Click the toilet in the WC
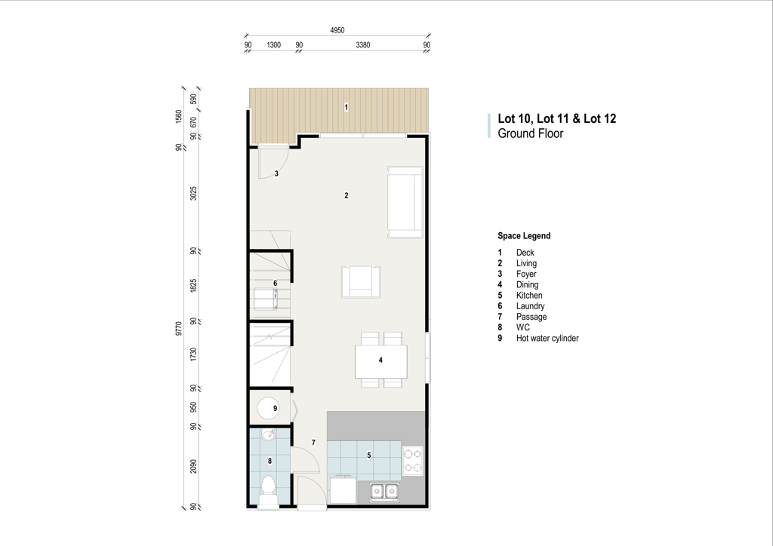268,491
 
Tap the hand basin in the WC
269,435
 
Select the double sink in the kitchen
384,492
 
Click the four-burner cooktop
413,460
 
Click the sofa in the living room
405,202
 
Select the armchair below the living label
361,281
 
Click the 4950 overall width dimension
337,30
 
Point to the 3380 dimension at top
363,44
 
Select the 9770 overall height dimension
178,328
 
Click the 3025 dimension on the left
193,194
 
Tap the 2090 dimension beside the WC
193,466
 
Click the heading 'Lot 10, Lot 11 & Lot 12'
556,118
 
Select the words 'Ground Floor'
531,133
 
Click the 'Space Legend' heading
524,236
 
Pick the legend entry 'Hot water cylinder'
547,339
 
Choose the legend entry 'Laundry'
531,306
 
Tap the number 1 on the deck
346,107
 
